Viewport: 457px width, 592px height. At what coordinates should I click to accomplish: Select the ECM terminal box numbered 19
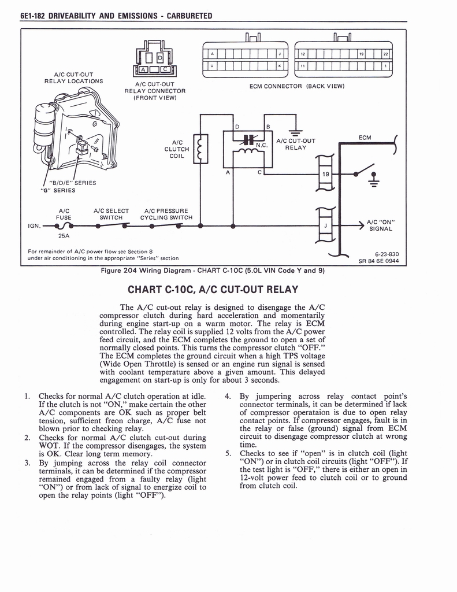click(325, 173)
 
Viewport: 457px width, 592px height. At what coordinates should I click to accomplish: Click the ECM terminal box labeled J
click(325, 226)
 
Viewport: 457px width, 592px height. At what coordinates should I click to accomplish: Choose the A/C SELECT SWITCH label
click(111, 214)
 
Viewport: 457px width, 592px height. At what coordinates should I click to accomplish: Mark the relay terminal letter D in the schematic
click(237, 126)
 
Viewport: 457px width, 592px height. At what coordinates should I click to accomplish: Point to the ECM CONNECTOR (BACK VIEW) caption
click(296, 86)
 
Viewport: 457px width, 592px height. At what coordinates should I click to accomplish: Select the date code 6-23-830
click(385, 254)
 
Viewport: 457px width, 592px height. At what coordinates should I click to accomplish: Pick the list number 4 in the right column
click(228, 397)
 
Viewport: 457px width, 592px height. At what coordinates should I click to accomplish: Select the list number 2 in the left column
click(27, 438)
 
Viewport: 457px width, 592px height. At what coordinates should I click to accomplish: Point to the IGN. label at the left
click(35, 226)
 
